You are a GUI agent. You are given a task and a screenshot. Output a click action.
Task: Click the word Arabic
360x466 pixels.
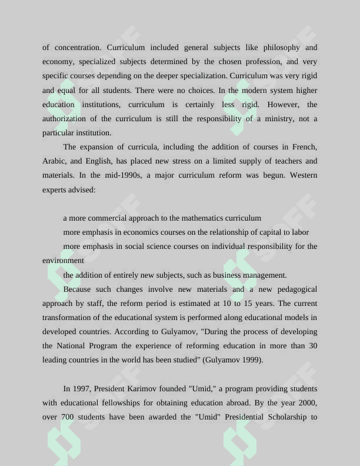55,161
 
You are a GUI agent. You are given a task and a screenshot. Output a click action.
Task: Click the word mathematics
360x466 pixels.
202,218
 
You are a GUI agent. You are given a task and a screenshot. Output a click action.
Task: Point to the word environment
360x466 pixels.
63,261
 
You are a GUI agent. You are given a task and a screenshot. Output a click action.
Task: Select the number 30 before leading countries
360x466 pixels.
312,346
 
